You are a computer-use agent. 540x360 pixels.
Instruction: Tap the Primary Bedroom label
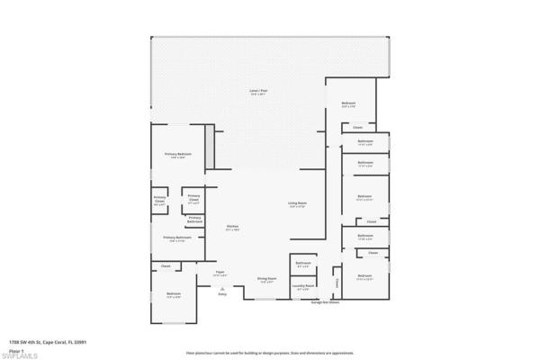coord(177,155)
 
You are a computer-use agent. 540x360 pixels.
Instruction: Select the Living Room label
coord(298,205)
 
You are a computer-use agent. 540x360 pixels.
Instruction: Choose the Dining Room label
coord(266,280)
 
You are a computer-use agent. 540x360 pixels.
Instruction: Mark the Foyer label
coord(219,274)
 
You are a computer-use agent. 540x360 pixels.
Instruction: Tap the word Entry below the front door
coord(222,294)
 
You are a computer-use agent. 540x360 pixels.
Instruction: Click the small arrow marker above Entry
coord(222,288)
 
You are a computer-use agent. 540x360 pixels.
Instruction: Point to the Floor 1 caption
coord(15,348)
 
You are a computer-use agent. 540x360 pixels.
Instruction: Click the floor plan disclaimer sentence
coord(269,354)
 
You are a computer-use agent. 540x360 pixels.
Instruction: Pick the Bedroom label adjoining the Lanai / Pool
coord(348,103)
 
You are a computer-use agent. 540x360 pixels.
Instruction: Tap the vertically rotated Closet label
coord(337,282)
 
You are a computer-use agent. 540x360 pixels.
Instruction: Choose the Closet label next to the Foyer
coord(166,266)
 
